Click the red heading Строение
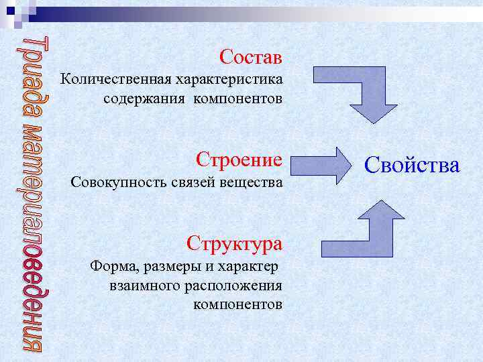(x=239, y=160)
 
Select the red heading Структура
(x=235, y=243)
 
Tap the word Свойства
(x=412, y=164)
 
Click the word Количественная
(x=115, y=80)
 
